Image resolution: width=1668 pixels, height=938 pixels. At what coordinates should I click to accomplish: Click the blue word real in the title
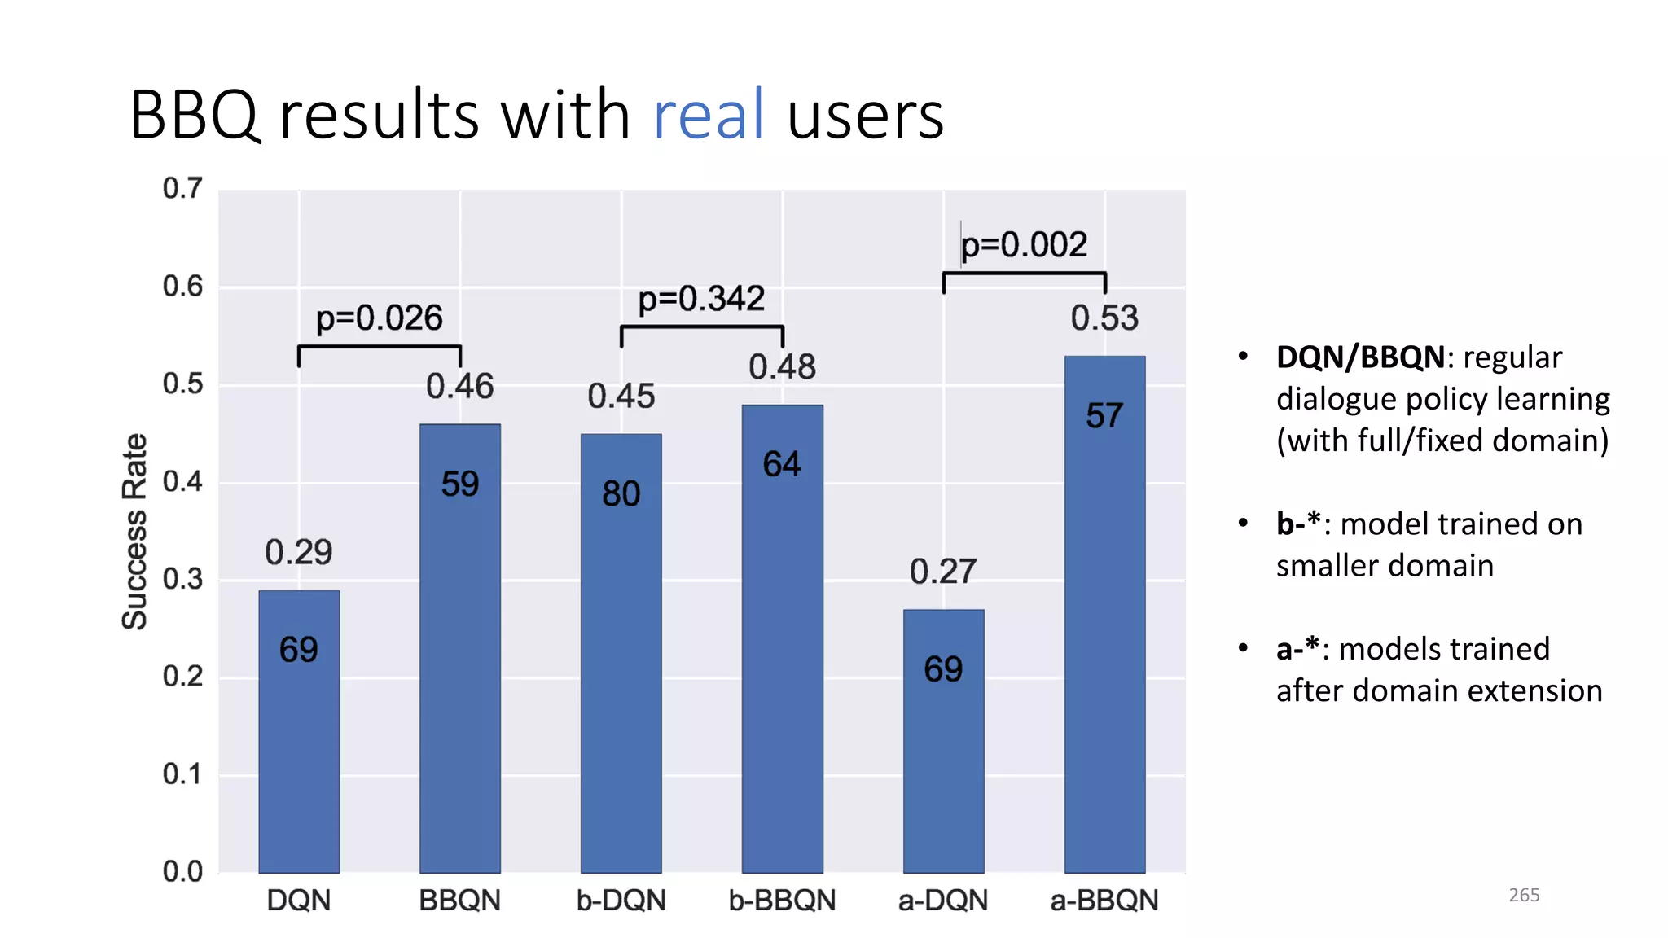tap(708, 115)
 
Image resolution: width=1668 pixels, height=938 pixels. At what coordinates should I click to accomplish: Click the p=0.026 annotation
tap(380, 318)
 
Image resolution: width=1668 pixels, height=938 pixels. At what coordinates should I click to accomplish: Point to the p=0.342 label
tap(701, 299)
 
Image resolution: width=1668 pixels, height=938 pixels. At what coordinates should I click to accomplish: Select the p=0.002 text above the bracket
tap(1024, 244)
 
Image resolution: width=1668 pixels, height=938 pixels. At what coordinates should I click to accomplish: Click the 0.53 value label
tap(1104, 318)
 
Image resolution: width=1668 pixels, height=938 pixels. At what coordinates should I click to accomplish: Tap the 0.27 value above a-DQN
tap(943, 572)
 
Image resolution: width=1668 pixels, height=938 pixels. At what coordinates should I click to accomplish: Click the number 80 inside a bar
tap(621, 493)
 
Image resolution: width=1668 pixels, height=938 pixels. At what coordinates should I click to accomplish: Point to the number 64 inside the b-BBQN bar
tap(782, 464)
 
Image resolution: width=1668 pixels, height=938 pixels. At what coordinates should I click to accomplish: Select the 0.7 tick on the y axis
tap(182, 188)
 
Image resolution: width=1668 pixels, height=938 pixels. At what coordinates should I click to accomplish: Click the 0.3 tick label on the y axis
tap(182, 579)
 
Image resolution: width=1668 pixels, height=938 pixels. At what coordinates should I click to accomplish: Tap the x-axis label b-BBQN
tap(782, 900)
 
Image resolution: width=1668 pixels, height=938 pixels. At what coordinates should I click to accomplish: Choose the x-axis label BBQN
tap(459, 900)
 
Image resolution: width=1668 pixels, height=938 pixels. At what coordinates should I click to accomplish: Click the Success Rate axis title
tap(135, 531)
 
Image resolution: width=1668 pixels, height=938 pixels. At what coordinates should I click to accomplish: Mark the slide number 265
tap(1524, 895)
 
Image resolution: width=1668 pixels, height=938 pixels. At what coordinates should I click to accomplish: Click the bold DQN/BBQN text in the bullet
tap(1360, 357)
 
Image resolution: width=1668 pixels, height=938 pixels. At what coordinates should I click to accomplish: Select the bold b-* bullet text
tap(1298, 524)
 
